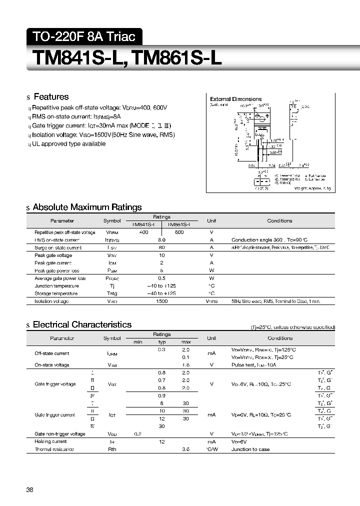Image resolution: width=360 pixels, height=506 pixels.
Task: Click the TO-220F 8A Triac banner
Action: click(x=84, y=36)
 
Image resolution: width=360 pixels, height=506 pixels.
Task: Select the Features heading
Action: click(x=50, y=97)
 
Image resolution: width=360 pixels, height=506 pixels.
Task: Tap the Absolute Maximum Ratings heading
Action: click(x=87, y=207)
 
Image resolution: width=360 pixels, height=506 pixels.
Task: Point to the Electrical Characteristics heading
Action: click(x=82, y=324)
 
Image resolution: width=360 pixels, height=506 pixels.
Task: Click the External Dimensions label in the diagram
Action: click(x=235, y=99)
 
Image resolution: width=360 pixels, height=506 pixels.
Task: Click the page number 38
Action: click(x=29, y=490)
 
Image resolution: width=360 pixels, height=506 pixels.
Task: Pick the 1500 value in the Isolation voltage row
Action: click(x=161, y=301)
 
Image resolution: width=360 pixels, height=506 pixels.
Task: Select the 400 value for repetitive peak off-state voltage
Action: click(x=143, y=232)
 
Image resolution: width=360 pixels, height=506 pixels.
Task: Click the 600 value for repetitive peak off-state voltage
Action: click(x=179, y=232)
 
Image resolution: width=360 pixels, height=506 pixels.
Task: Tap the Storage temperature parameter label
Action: click(x=56, y=293)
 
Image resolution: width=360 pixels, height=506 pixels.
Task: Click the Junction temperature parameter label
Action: click(x=56, y=286)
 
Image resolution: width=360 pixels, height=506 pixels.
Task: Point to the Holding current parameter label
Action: click(x=51, y=441)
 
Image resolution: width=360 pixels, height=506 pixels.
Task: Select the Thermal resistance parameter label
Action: click(x=54, y=449)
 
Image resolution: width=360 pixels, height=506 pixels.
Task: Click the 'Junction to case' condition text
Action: click(x=250, y=449)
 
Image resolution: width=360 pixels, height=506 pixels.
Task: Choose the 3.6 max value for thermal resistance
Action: click(x=185, y=449)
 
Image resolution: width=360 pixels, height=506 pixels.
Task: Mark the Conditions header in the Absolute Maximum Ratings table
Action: click(x=279, y=220)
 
